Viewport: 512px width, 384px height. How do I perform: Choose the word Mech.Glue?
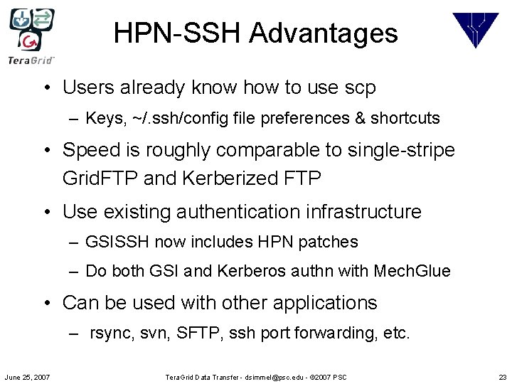click(414, 271)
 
